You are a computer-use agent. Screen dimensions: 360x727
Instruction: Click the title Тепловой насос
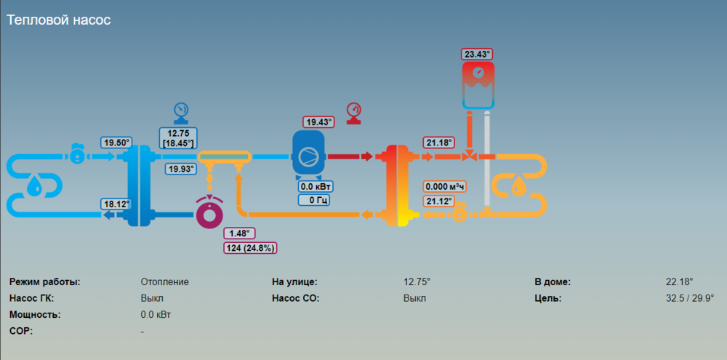[59, 20]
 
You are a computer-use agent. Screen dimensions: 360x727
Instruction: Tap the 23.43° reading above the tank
[478, 55]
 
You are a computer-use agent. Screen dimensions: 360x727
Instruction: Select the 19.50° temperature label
[116, 143]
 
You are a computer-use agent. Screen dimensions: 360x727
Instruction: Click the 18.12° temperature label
[116, 204]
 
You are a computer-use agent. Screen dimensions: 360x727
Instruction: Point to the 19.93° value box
[182, 169]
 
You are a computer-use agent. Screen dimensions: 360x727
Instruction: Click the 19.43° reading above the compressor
[318, 122]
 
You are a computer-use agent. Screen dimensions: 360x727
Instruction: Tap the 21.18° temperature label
[440, 143]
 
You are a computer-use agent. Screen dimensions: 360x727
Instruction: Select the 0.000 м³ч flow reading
[445, 187]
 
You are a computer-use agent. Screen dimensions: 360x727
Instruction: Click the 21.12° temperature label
[440, 201]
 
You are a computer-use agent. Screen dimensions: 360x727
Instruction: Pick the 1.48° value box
[239, 233]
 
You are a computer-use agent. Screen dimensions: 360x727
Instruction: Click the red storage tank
[478, 84]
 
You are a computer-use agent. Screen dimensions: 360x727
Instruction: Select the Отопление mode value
[164, 281]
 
